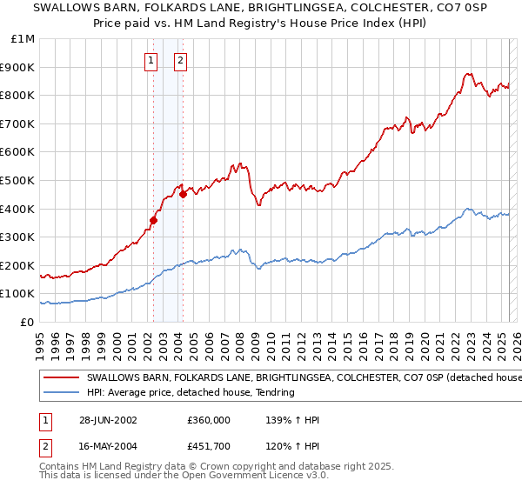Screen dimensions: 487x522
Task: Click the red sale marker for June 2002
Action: coord(153,220)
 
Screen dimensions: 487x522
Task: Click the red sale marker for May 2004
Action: coord(183,194)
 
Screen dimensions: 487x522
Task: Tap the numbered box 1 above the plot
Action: coord(151,61)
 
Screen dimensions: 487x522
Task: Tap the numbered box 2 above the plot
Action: coord(180,61)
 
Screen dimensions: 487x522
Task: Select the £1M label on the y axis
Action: coord(24,39)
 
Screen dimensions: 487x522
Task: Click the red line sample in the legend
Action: coord(61,378)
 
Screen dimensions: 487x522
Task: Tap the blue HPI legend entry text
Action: coord(191,393)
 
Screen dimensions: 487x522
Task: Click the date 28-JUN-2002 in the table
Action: coord(108,420)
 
